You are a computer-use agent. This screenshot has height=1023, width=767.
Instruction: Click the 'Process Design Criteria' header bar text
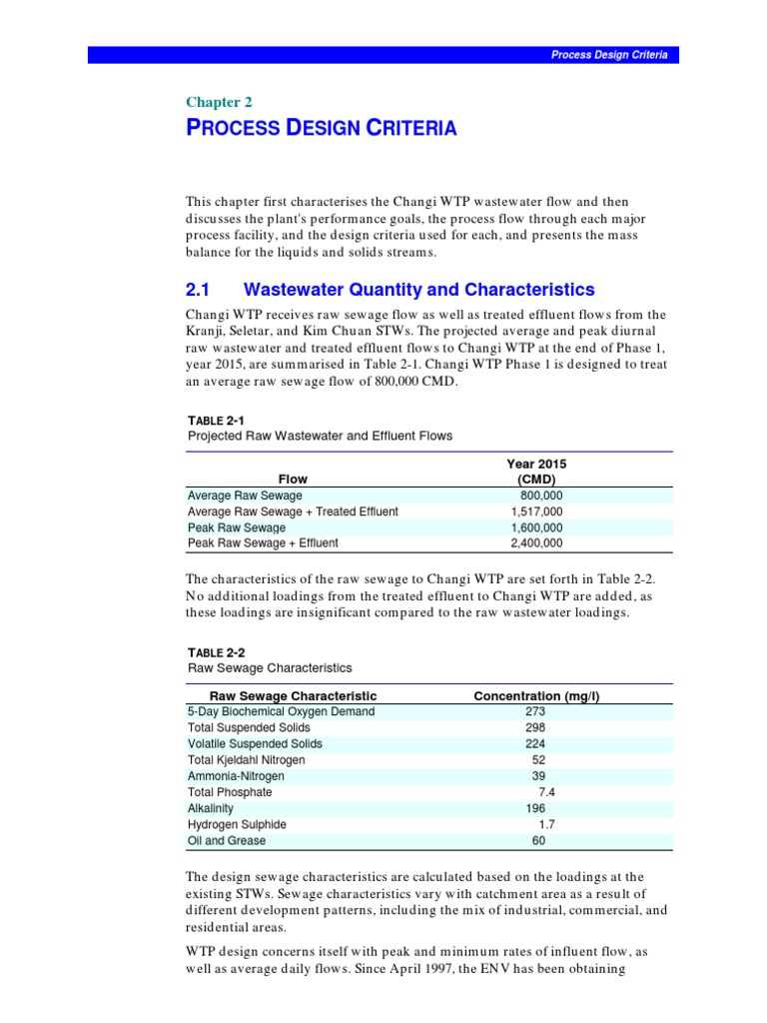pyautogui.click(x=609, y=55)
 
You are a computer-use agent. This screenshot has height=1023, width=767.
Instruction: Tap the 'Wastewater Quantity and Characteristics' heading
pyautogui.click(x=419, y=290)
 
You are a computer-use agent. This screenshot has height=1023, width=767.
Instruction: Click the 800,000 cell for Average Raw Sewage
pyautogui.click(x=542, y=496)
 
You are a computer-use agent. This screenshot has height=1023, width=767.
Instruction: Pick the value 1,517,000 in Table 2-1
pyautogui.click(x=536, y=511)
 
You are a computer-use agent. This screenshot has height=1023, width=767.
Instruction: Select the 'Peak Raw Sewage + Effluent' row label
pyautogui.click(x=263, y=543)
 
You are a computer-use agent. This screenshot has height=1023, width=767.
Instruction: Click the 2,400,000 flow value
pyautogui.click(x=536, y=543)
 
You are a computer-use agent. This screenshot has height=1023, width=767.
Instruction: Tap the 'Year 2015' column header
pyautogui.click(x=536, y=465)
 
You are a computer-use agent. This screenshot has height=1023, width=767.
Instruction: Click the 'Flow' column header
pyautogui.click(x=293, y=480)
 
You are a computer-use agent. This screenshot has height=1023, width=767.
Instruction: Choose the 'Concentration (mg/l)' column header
pyautogui.click(x=535, y=695)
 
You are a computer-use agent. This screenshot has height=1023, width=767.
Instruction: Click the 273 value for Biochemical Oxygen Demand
pyautogui.click(x=535, y=711)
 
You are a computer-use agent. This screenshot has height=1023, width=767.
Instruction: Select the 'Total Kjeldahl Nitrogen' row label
pyautogui.click(x=247, y=760)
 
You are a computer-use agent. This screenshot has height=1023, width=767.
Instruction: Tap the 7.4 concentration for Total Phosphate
pyautogui.click(x=546, y=792)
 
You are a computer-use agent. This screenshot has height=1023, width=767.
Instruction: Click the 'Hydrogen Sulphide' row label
pyautogui.click(x=237, y=824)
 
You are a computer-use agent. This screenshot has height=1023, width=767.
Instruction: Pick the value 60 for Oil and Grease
pyautogui.click(x=539, y=840)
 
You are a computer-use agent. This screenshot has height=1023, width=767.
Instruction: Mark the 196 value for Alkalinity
pyautogui.click(x=535, y=808)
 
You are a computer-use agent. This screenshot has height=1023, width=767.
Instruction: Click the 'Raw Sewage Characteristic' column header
pyautogui.click(x=293, y=695)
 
